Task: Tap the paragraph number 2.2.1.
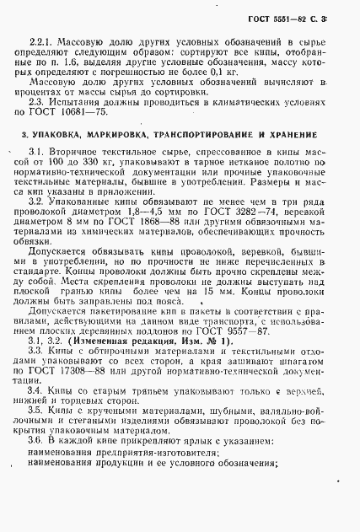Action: click(x=40, y=40)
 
